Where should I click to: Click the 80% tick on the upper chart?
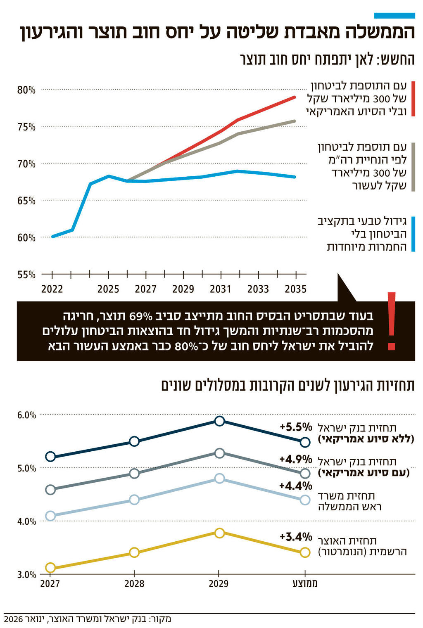click(26, 90)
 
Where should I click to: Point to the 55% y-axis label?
click(26, 275)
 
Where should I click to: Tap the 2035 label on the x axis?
click(295, 289)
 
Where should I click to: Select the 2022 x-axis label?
click(52, 289)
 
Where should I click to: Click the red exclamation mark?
click(392, 321)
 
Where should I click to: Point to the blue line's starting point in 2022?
click(53, 237)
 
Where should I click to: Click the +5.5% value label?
click(296, 427)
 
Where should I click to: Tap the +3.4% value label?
click(296, 537)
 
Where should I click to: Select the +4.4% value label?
click(296, 486)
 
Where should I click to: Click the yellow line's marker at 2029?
click(220, 533)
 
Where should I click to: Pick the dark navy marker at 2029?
click(220, 421)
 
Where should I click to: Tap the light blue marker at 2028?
click(134, 500)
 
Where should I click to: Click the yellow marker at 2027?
click(50, 568)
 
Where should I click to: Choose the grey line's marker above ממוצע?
click(305, 473)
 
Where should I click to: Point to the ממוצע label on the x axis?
click(305, 583)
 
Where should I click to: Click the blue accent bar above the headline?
click(394, 16)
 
